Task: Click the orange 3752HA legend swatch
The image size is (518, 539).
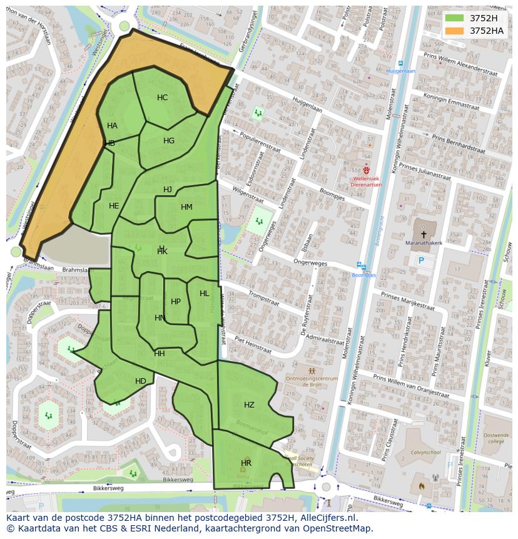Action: [x=455, y=30]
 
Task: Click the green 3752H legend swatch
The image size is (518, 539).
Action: [x=455, y=18]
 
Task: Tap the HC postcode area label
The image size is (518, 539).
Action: [x=162, y=98]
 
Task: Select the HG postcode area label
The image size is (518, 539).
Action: [x=169, y=141]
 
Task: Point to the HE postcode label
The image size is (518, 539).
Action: [x=114, y=206]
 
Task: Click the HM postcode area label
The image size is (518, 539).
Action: [x=186, y=207]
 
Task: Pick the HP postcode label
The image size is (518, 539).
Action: [x=176, y=302]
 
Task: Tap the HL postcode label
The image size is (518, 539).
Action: [x=205, y=294]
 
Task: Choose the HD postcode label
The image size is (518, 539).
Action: [x=141, y=381]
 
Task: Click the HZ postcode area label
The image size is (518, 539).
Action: [x=249, y=405]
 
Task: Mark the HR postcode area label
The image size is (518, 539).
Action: [x=246, y=463]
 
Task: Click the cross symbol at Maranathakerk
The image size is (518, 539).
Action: [x=424, y=234]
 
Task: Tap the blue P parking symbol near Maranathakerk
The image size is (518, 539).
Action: [x=421, y=260]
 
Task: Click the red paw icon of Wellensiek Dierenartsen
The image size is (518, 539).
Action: [x=367, y=169]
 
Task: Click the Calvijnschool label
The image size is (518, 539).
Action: [x=425, y=452]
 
